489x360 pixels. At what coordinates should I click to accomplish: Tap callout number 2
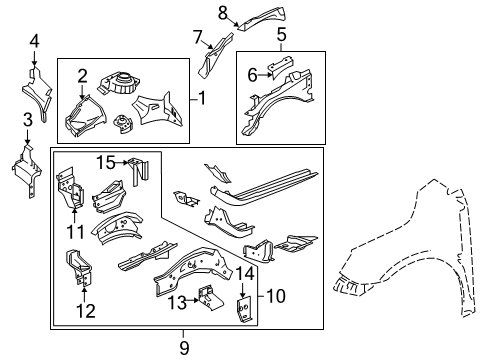(x=83, y=74)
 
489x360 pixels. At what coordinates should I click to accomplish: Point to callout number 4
(x=34, y=41)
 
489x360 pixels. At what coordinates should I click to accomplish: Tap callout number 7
(x=199, y=38)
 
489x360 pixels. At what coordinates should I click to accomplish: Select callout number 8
(x=224, y=12)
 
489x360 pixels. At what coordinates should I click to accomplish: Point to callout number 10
(x=275, y=295)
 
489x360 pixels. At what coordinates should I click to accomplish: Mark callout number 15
(x=106, y=162)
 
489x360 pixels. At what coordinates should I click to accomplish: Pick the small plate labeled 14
(x=244, y=308)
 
